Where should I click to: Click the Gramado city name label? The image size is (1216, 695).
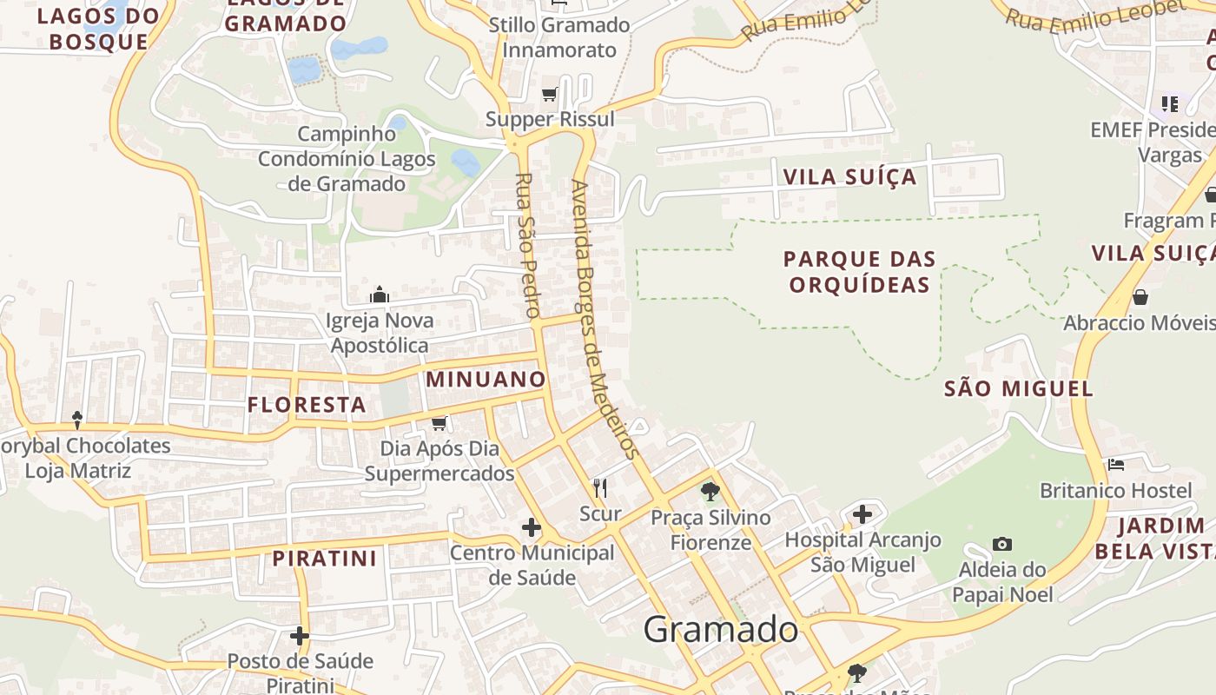click(720, 630)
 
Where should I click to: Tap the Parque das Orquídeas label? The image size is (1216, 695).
click(860, 271)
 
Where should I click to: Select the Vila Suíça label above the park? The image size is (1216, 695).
click(849, 177)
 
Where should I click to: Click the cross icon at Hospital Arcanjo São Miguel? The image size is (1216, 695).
click(862, 514)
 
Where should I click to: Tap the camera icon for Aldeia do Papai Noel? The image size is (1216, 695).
click(1002, 544)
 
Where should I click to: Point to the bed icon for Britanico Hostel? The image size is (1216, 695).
click(1116, 465)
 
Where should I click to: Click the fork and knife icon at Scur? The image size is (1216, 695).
click(599, 487)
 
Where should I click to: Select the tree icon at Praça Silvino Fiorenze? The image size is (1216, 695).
click(710, 492)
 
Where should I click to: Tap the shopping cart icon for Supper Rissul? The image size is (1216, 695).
click(549, 94)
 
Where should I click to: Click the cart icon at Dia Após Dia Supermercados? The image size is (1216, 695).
click(439, 423)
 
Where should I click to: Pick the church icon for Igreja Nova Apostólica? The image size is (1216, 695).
click(380, 295)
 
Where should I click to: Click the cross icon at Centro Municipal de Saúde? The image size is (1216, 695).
click(531, 527)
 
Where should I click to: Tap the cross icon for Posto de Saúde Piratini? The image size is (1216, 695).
click(300, 636)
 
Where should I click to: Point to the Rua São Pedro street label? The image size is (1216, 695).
click(528, 245)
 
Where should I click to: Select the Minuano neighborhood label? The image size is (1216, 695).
click(486, 379)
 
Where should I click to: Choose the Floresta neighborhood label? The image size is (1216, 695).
click(307, 404)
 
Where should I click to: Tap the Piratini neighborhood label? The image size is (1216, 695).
click(325, 558)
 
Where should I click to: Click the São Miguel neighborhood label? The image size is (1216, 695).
click(1018, 388)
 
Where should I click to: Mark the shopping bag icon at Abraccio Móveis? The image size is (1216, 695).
click(1140, 297)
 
